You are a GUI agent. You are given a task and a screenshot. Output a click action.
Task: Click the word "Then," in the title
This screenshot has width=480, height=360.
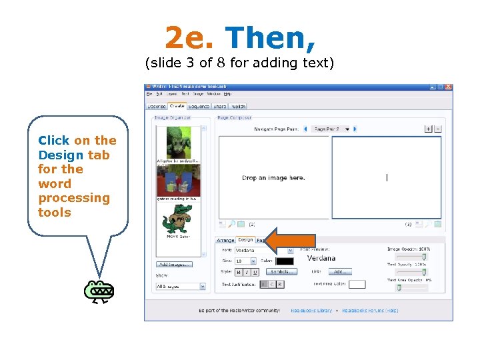[270, 39]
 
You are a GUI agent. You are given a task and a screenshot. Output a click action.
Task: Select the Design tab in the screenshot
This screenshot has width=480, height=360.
[245, 240]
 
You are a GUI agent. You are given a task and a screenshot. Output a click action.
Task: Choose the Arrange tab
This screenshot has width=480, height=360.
[225, 240]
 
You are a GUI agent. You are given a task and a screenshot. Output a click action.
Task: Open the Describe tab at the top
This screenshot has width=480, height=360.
[156, 106]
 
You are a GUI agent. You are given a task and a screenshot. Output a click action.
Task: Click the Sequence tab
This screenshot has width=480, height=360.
[199, 106]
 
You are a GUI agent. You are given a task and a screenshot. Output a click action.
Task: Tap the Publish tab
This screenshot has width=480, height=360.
[237, 106]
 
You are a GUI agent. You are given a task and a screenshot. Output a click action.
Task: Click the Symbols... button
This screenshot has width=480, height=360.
[282, 272]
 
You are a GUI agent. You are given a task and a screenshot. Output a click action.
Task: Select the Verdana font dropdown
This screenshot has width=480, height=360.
[264, 251]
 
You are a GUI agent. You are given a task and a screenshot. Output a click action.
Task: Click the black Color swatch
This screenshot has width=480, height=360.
[284, 261]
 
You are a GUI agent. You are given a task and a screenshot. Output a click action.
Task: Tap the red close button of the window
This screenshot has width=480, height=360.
[449, 87]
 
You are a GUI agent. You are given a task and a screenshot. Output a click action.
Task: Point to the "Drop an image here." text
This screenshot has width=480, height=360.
[273, 178]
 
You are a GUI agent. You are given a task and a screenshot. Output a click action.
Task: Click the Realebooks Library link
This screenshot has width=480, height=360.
[311, 311]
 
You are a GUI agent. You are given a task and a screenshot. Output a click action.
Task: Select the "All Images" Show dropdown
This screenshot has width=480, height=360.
[181, 287]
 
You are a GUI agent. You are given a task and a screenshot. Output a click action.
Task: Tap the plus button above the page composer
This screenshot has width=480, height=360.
[428, 129]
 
